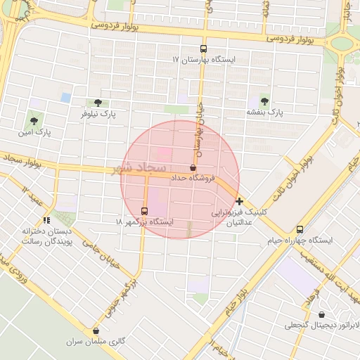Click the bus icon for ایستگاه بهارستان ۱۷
click(203, 49)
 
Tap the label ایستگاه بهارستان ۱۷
click(204, 60)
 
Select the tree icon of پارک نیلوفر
click(98, 103)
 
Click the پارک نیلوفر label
click(98, 113)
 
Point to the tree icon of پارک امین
click(34, 122)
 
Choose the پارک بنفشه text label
click(264, 112)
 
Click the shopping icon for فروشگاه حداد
click(193, 167)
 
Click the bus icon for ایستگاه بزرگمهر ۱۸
click(144, 211)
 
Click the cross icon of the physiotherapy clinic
click(240, 201)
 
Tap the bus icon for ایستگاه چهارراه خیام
click(300, 229)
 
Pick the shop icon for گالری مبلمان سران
click(96, 330)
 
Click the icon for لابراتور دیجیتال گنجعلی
click(322, 314)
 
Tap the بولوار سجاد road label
click(22, 162)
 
